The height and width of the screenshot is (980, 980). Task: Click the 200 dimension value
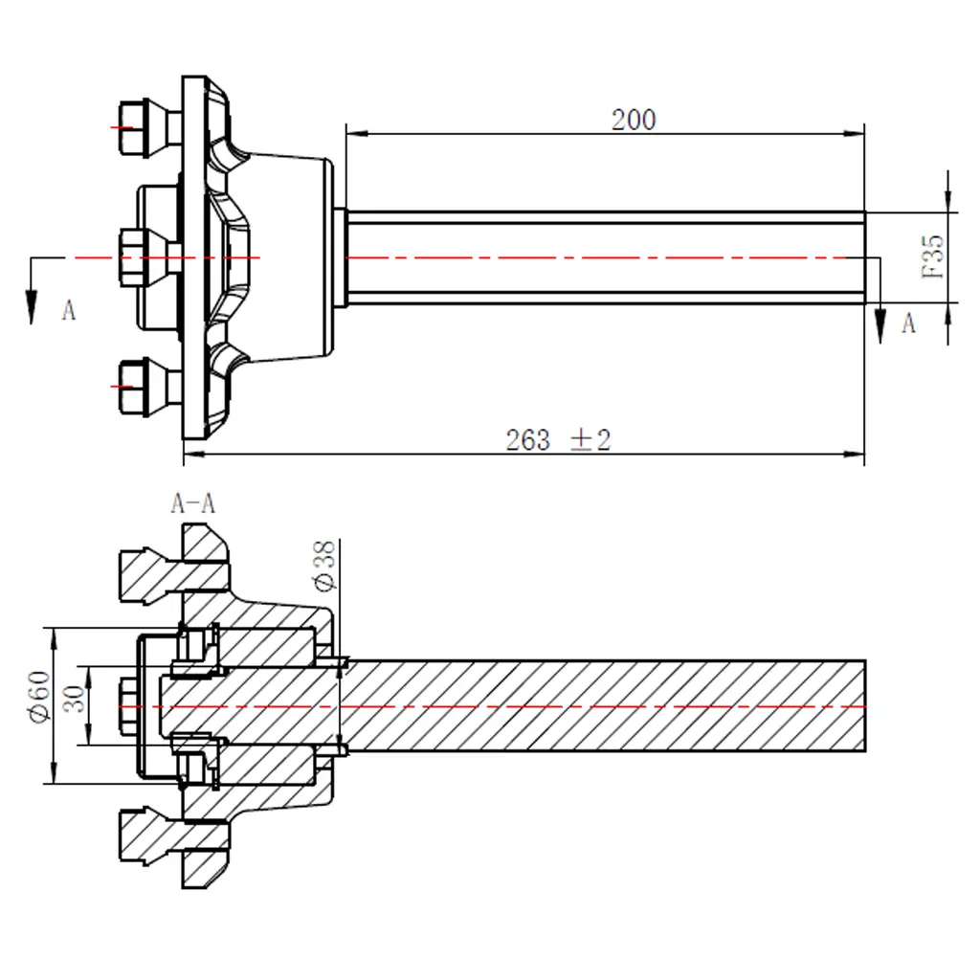click(x=634, y=121)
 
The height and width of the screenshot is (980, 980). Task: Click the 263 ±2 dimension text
click(x=558, y=440)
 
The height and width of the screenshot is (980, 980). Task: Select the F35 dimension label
click(x=933, y=256)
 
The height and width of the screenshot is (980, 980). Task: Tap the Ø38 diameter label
click(x=324, y=565)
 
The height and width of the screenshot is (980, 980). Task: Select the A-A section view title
click(x=192, y=503)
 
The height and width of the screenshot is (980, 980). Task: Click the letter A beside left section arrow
click(x=68, y=310)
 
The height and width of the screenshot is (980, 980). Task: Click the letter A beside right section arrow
click(x=908, y=324)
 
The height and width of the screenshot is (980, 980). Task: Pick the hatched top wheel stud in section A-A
click(x=148, y=570)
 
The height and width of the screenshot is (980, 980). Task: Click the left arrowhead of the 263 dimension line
click(x=191, y=454)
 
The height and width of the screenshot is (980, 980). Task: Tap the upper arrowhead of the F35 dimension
click(x=948, y=203)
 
